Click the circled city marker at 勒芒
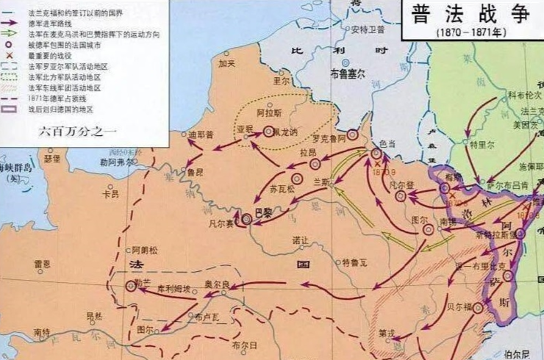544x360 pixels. pyautogui.click(x=132, y=287)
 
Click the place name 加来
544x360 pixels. pyautogui.click(x=226, y=64)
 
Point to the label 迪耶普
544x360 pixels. pyautogui.click(x=199, y=134)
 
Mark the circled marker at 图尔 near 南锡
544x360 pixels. pyautogui.click(x=429, y=230)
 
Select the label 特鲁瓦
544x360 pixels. pyautogui.click(x=349, y=262)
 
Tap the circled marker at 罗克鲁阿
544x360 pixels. pyautogui.click(x=353, y=134)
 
